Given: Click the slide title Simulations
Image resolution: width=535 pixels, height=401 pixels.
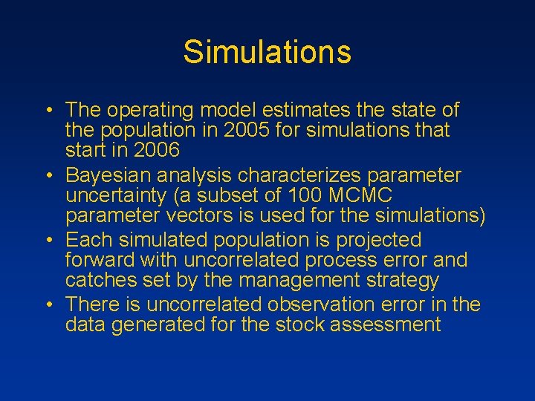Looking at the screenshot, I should tap(267, 52).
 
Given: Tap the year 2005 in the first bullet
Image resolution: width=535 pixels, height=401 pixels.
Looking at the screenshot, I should tap(244, 131).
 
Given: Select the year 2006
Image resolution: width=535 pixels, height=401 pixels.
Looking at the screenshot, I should tap(154, 151).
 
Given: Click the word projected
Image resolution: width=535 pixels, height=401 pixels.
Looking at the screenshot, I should tap(379, 241).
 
